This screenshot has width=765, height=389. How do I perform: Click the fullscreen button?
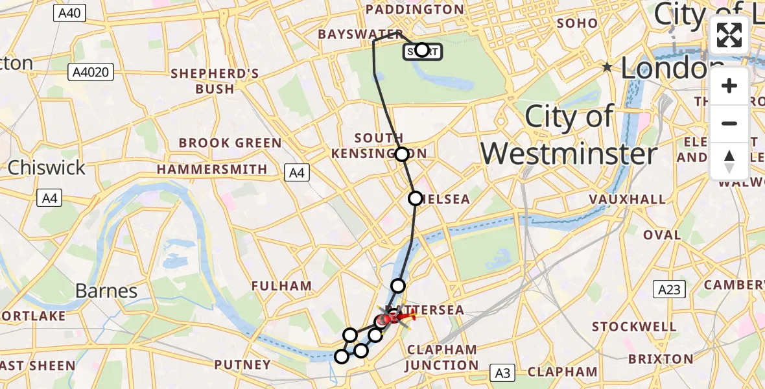coord(729,35)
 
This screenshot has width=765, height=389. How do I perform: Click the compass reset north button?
coord(729,161)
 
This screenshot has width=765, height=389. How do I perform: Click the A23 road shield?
coord(668,289)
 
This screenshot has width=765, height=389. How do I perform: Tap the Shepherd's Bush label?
coord(215,81)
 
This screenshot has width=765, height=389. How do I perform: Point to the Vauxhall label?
coord(628,199)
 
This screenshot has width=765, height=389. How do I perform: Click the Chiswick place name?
coord(46,168)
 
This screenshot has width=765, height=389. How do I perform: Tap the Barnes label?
coord(106,291)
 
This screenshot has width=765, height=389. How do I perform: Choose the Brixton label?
coord(660,359)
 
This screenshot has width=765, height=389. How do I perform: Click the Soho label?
coord(577,23)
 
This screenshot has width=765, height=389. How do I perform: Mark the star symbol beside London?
coord(607,67)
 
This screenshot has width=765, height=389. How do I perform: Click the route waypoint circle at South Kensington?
coord(402,154)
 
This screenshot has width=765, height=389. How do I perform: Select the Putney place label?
coord(242,365)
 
